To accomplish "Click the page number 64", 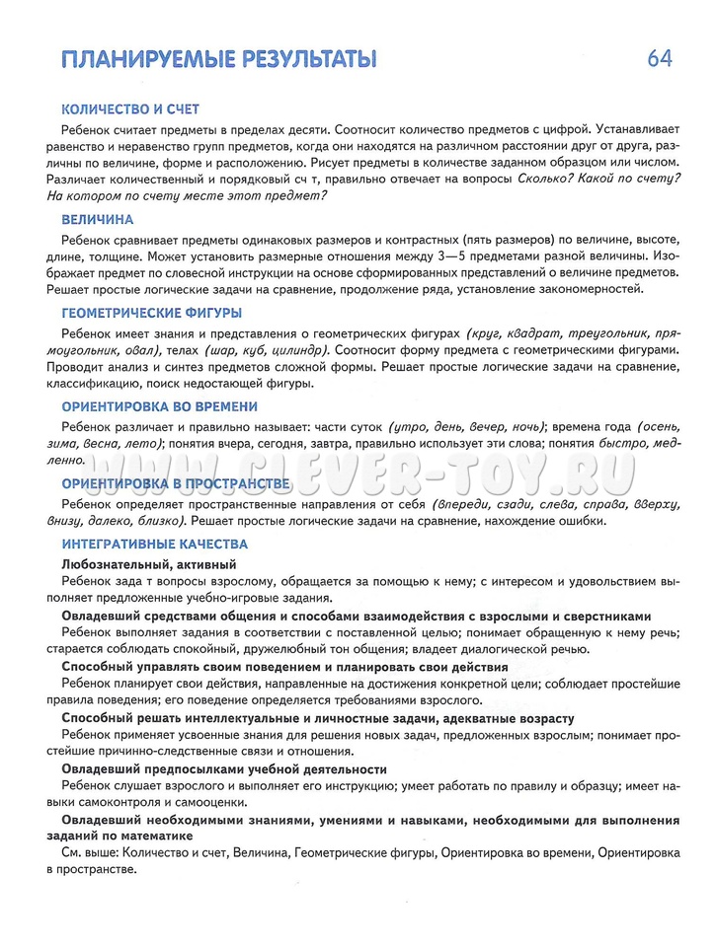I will click(660, 58).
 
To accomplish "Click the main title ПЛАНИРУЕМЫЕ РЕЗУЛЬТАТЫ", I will click(218, 59).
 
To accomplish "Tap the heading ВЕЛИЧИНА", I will click(98, 220).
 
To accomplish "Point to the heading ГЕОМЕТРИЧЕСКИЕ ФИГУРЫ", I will click(151, 313).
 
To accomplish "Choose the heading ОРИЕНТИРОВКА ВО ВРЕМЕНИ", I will click(159, 405).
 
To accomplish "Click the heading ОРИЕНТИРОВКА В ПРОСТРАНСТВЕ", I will click(176, 482).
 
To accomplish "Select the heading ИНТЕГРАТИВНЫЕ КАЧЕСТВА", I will click(154, 544).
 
